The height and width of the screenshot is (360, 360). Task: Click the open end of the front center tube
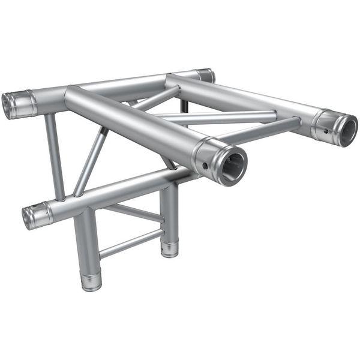pyautogui.click(x=232, y=164)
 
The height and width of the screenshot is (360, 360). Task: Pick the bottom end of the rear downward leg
pyautogui.click(x=170, y=248)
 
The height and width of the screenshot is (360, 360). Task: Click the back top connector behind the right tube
pyautogui.click(x=205, y=76)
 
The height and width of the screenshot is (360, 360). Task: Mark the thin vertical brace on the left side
pyautogui.click(x=55, y=156)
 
